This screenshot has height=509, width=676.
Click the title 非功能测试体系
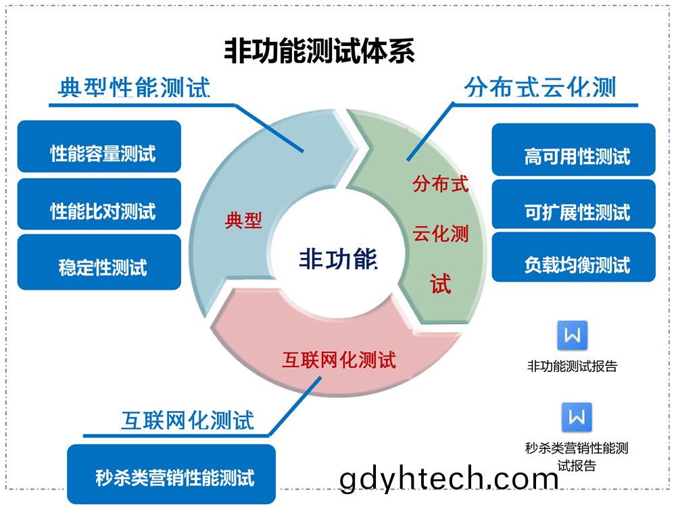click(x=319, y=51)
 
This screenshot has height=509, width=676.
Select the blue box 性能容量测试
click(x=99, y=146)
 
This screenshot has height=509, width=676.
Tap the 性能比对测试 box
click(x=99, y=204)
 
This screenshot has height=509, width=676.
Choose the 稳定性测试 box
click(x=99, y=262)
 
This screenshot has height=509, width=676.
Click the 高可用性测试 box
click(x=573, y=149)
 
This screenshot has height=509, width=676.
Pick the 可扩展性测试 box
click(x=573, y=204)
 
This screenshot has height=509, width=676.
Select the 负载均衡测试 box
click(x=573, y=257)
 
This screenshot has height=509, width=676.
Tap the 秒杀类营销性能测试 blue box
click(x=172, y=474)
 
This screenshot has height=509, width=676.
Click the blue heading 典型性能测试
click(x=134, y=87)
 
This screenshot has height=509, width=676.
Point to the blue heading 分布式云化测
click(x=540, y=87)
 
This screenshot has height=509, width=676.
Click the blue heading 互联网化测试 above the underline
click(x=187, y=421)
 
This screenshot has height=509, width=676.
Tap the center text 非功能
click(x=339, y=259)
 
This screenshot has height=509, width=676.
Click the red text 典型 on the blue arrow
click(x=243, y=221)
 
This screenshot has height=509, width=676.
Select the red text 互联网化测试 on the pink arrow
click(x=339, y=360)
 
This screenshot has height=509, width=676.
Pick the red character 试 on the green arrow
click(x=440, y=284)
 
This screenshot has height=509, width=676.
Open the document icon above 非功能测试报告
click(x=573, y=335)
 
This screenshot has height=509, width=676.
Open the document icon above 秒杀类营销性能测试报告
click(x=577, y=417)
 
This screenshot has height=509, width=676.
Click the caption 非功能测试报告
click(x=572, y=366)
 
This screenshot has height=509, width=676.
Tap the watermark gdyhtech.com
click(x=449, y=479)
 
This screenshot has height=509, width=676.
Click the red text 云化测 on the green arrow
click(x=440, y=234)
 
